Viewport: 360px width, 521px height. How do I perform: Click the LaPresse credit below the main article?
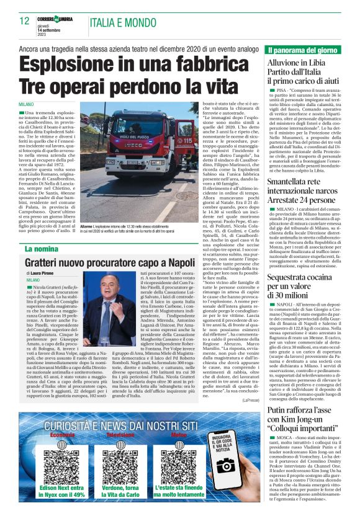coord(250,401)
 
